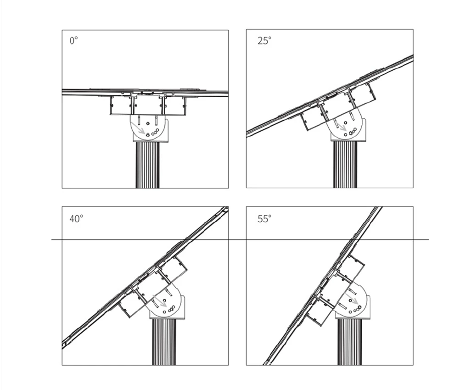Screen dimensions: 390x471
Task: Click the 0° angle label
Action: click(x=73, y=41)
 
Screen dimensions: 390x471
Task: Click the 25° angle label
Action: click(x=264, y=41)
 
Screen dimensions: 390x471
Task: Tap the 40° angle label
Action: click(x=76, y=218)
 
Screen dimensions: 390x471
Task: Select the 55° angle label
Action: click(x=264, y=218)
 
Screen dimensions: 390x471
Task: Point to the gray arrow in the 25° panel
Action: click(x=340, y=128)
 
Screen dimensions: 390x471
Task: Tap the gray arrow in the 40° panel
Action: click(x=159, y=301)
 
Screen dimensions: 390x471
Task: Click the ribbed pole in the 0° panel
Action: click(x=147, y=165)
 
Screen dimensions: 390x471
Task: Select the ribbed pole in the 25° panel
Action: click(x=345, y=164)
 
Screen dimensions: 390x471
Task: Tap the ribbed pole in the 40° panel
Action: click(x=164, y=342)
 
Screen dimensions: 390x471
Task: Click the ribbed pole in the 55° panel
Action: click(x=350, y=342)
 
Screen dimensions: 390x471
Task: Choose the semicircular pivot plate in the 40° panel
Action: click(x=168, y=302)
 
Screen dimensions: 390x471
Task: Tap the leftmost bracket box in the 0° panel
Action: click(x=121, y=106)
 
